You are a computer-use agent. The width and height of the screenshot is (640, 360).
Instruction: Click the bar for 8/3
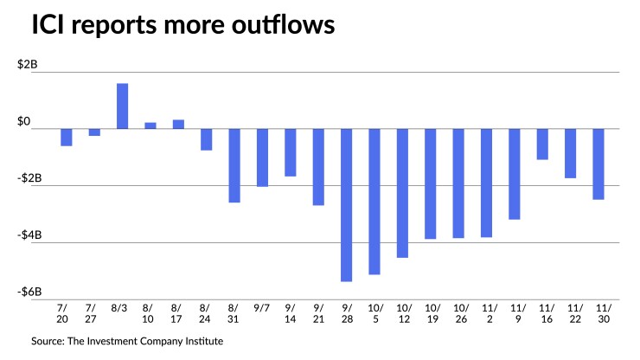click(123, 106)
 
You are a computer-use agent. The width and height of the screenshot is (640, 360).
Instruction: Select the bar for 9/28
click(346, 205)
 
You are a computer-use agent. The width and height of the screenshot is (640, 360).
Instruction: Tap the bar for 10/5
click(374, 202)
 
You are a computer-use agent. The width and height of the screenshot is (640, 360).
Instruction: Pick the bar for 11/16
click(542, 145)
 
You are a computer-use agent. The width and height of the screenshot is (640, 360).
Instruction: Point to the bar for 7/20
click(67, 138)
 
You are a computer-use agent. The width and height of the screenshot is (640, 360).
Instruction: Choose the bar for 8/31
click(234, 165)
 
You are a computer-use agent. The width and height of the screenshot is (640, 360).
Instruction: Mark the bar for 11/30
click(598, 164)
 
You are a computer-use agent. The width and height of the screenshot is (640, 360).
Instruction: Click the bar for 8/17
click(178, 125)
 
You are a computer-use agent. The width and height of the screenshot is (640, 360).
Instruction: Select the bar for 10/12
click(402, 193)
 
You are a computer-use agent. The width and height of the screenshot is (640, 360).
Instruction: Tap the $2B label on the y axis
click(28, 66)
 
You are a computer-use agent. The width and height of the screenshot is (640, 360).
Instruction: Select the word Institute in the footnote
click(201, 342)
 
